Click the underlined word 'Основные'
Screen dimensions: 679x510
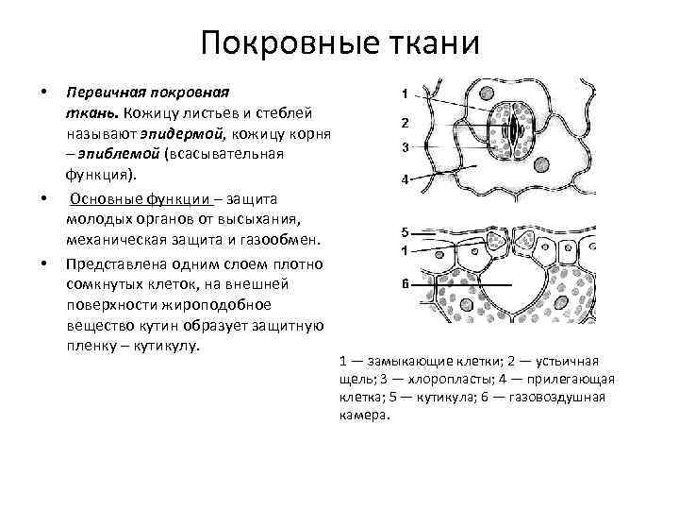(x=108, y=197)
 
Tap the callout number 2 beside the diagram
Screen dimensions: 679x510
(x=404, y=123)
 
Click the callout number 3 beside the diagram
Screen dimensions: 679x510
(x=404, y=147)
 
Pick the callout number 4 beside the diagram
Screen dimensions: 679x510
(x=404, y=179)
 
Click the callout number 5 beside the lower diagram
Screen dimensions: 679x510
(x=404, y=231)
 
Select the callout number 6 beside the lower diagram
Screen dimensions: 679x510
(x=404, y=283)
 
